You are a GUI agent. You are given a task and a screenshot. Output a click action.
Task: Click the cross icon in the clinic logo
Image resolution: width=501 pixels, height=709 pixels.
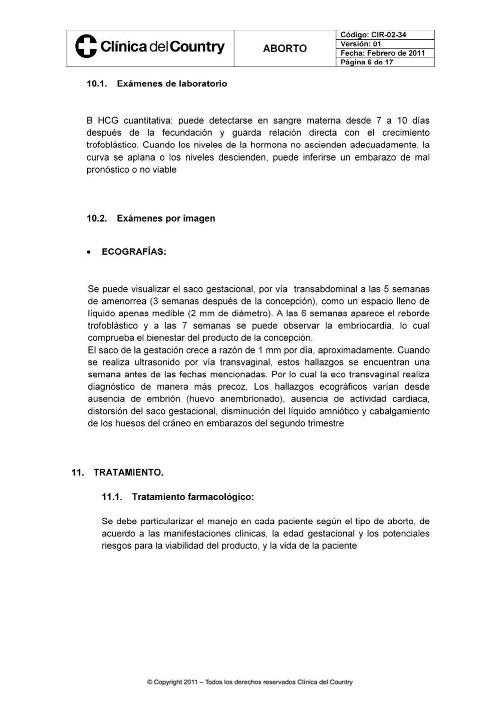point(86,47)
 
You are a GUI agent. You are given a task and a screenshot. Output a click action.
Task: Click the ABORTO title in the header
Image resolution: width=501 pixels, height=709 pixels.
point(284,48)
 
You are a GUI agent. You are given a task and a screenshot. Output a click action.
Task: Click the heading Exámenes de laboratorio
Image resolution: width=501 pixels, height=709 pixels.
point(172,84)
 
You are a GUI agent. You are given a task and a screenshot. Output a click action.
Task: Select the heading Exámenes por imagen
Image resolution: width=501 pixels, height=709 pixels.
point(166,218)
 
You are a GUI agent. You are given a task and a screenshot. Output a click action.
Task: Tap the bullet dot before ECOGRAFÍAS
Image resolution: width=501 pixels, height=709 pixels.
point(89,252)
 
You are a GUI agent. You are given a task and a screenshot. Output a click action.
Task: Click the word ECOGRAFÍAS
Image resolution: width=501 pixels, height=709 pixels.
point(134,252)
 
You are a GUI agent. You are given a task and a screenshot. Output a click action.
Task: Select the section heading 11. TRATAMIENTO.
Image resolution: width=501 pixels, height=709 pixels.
point(117,473)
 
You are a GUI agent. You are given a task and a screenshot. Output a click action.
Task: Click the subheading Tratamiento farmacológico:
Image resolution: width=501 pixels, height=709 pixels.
point(193,497)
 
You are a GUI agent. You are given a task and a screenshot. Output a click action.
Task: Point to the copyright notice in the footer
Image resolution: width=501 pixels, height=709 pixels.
point(250,682)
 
